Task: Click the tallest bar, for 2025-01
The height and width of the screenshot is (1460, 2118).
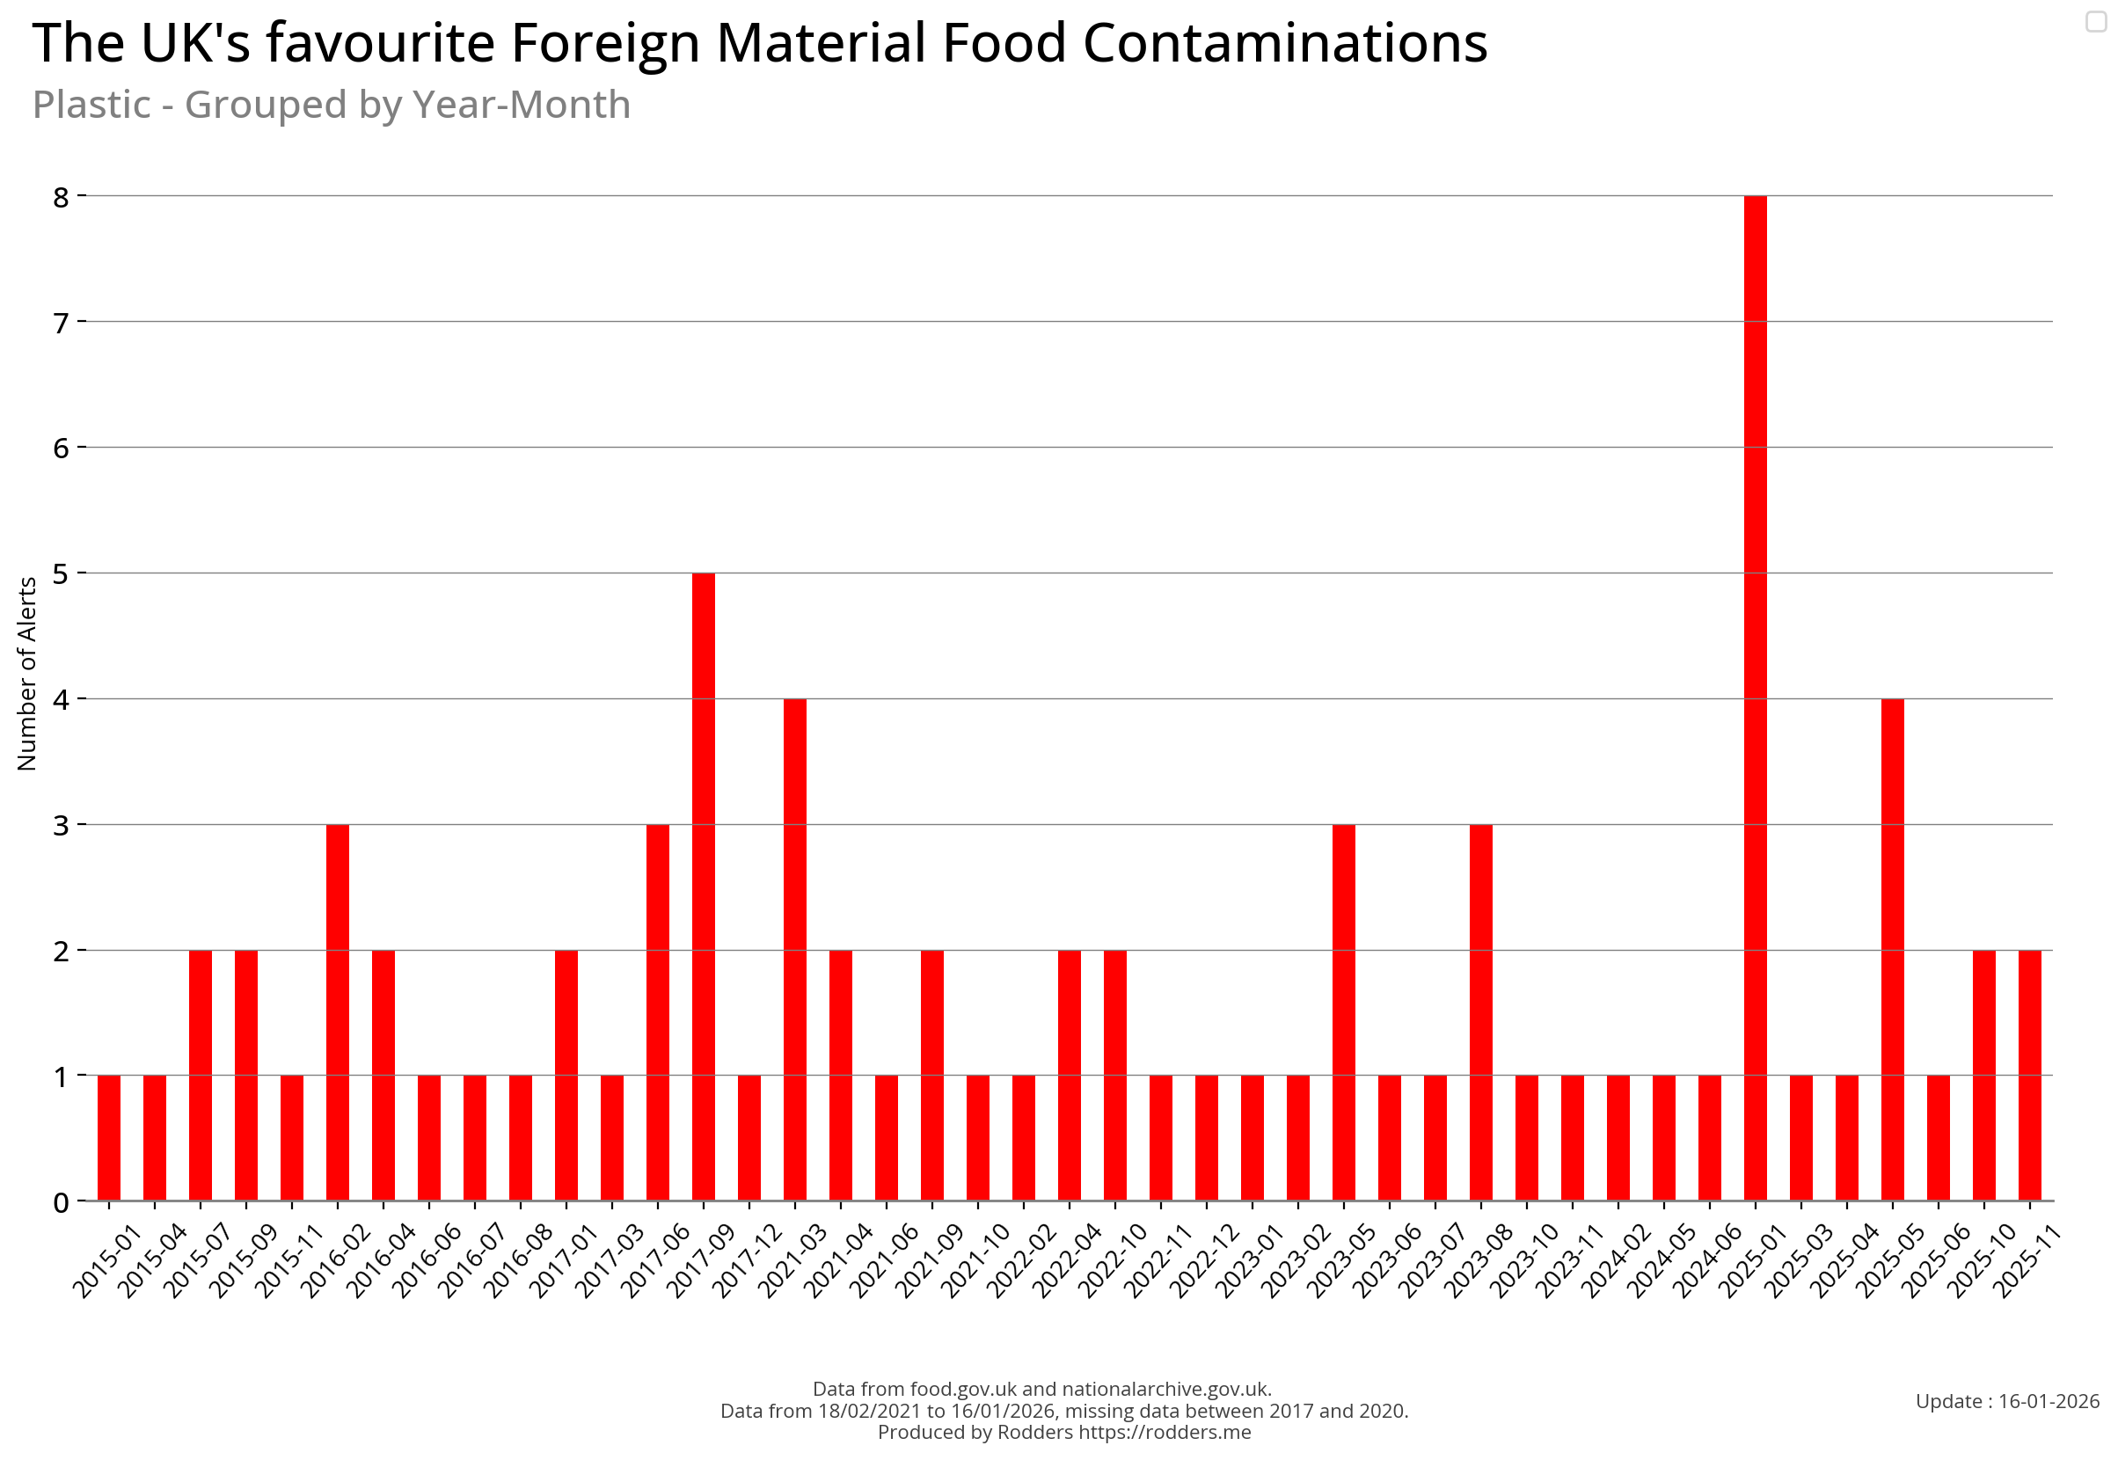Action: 1755,697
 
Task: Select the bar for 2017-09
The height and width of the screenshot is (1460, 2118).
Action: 703,886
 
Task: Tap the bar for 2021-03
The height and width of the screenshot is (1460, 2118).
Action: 794,949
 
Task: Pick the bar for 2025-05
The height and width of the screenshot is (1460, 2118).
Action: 1892,949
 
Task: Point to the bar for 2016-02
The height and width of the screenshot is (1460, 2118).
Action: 338,1011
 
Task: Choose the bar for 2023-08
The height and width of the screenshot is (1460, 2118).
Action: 1480,1011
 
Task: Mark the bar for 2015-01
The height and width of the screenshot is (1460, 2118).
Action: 109,1137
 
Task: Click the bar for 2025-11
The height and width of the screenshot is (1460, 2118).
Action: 2029,1075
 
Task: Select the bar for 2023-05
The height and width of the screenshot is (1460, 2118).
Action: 1343,1011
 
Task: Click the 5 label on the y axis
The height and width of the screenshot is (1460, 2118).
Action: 62,573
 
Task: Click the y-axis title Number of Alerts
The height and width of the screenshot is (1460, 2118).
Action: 26,674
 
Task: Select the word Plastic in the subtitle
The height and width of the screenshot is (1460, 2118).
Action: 91,105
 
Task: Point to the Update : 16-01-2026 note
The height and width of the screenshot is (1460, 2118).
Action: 2006,1400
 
